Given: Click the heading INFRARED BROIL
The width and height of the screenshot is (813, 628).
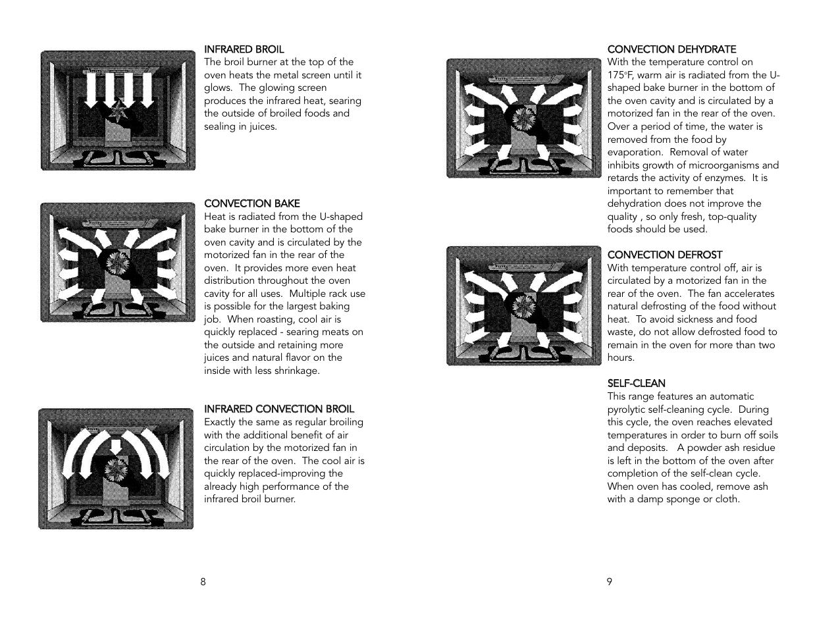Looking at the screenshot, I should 244,49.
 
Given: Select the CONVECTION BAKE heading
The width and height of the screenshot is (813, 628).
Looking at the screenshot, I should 251,203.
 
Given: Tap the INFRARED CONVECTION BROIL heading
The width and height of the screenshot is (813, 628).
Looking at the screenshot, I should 278,409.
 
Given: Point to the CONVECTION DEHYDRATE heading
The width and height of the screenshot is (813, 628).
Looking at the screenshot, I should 671,49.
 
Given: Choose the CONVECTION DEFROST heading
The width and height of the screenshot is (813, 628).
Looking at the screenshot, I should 664,255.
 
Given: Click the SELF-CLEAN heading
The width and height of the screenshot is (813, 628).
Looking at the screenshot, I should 636,383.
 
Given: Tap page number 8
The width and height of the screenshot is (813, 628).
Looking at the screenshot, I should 203,582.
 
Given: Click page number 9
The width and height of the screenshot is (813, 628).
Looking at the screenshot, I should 610,582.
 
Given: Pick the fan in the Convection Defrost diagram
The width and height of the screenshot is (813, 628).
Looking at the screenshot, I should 525,306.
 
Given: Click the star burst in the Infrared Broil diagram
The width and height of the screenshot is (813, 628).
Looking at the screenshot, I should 118,111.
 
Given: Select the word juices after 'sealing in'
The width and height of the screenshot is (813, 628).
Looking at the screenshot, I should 263,126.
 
